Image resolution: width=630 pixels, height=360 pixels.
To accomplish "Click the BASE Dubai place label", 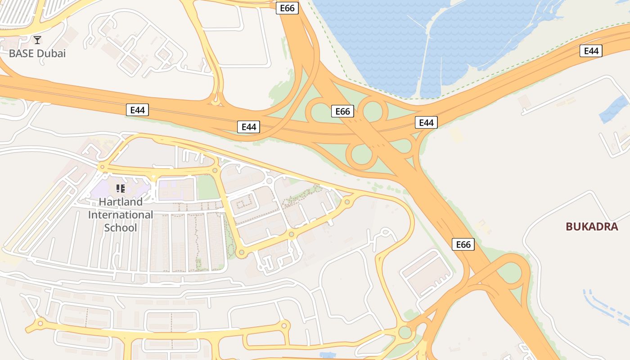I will [x=37, y=54].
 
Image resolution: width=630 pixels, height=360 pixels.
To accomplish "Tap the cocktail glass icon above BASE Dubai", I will [x=37, y=40].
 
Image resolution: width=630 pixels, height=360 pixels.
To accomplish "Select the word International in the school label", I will [x=121, y=215].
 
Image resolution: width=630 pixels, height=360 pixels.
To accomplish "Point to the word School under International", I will [x=121, y=228].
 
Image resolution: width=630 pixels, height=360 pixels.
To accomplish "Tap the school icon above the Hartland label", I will [x=120, y=189].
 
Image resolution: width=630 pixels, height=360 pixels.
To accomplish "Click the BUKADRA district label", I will [x=592, y=226].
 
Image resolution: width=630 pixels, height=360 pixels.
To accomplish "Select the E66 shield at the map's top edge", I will [x=287, y=8].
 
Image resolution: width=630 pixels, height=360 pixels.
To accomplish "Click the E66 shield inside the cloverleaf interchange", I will [x=342, y=111].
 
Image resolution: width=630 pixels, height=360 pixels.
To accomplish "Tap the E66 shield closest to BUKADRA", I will [x=463, y=244].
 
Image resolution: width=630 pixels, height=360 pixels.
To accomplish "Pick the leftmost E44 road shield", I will [x=137, y=110].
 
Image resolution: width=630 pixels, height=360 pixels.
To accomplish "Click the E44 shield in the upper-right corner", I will [x=591, y=51].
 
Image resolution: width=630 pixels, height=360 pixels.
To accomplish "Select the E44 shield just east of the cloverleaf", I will [x=426, y=122].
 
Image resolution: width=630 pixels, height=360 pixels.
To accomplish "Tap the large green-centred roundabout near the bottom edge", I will [x=405, y=333].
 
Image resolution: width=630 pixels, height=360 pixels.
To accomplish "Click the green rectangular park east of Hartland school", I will [x=206, y=187].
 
